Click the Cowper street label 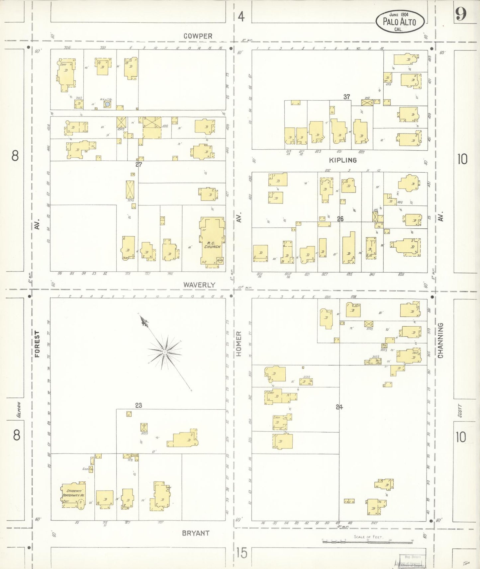[198, 36]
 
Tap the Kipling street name [343, 160]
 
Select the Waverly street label [199, 285]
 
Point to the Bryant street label [196, 533]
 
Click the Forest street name [37, 344]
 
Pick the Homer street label [239, 344]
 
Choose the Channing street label [440, 340]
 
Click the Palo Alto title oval [400, 22]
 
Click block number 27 [139, 164]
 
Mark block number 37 [346, 97]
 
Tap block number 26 [340, 219]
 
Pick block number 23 [139, 405]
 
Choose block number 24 [339, 407]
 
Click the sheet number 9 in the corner [461, 14]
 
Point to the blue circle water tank [107, 104]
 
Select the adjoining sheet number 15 [242, 553]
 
